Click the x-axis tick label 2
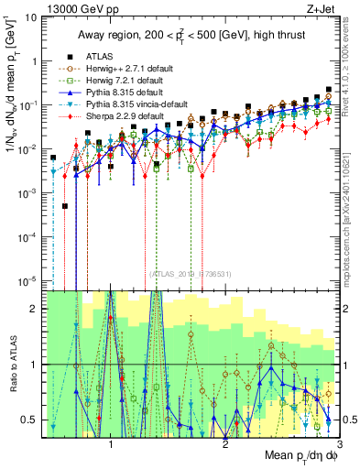(224, 441)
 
